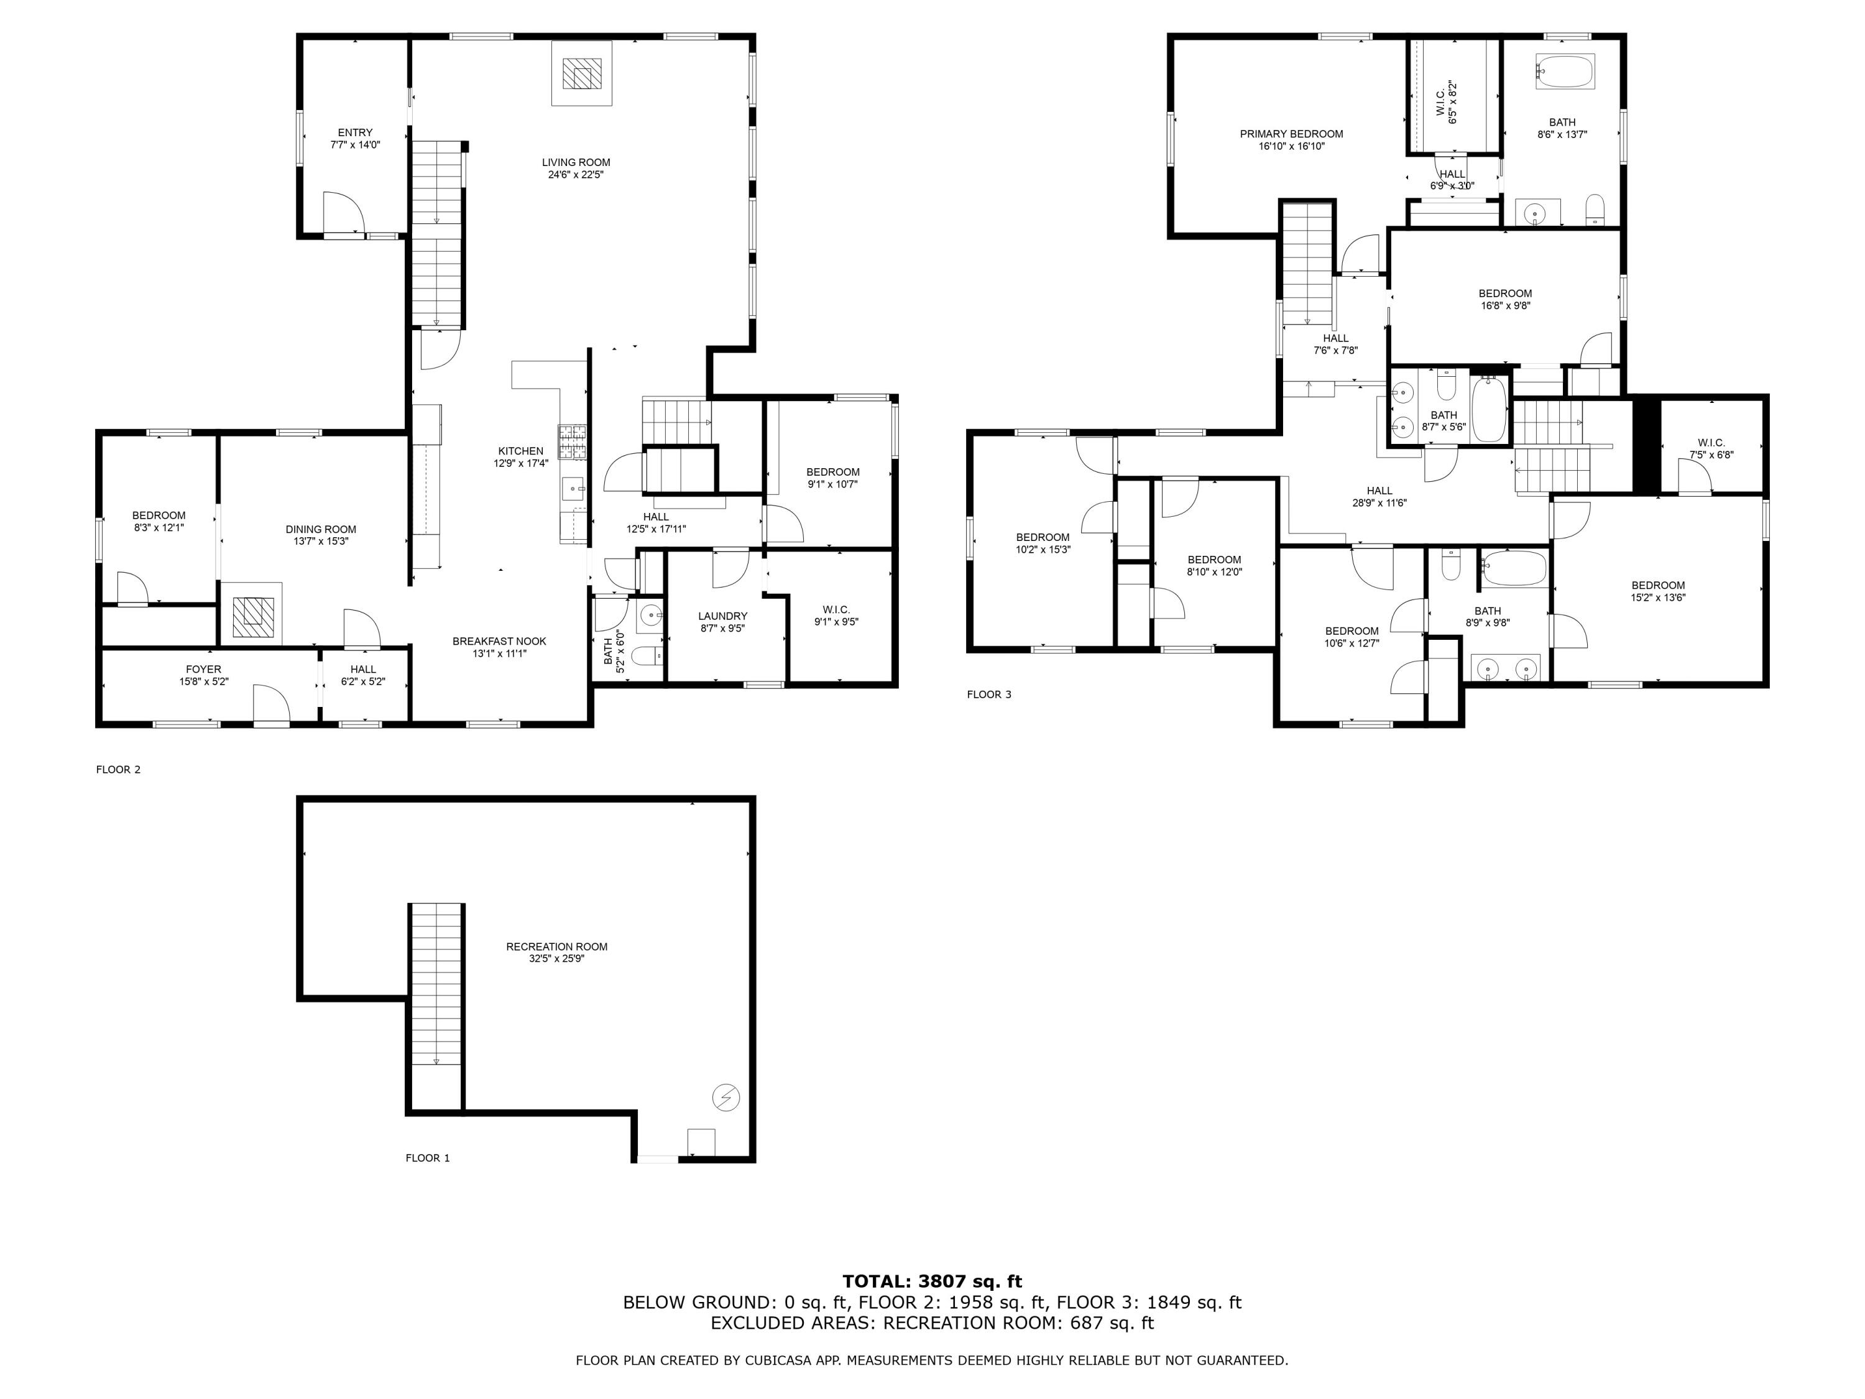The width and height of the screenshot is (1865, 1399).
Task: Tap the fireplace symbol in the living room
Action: click(582, 73)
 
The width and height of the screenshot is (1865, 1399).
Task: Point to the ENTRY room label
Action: click(355, 132)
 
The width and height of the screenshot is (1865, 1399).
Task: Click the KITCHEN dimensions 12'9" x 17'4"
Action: click(521, 463)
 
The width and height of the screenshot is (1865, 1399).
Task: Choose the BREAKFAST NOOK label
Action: click(499, 642)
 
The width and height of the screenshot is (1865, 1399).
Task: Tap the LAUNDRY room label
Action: click(722, 616)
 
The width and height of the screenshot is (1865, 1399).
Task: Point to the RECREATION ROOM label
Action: click(556, 947)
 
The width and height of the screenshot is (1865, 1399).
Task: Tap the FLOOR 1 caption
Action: click(428, 1158)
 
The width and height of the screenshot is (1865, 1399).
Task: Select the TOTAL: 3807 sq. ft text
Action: click(932, 1281)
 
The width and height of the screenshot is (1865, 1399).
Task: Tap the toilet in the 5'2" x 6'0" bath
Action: click(648, 655)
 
